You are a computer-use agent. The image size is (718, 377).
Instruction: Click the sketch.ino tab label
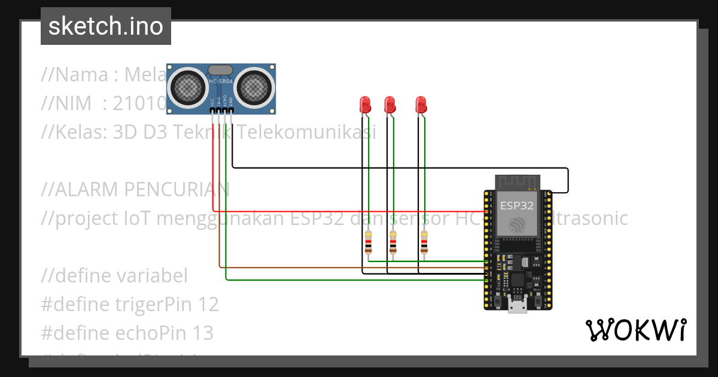pyautogui.click(x=106, y=26)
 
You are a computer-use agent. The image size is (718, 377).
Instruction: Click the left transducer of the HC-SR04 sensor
pyautogui.click(x=188, y=87)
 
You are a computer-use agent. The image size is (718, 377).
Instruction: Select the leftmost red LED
pyautogui.click(x=364, y=105)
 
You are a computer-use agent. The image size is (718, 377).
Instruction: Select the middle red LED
pyautogui.click(x=390, y=105)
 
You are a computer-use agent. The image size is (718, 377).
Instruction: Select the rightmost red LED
pyautogui.click(x=421, y=105)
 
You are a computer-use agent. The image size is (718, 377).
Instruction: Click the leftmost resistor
pyautogui.click(x=369, y=243)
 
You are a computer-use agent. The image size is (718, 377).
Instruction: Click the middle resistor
pyautogui.click(x=393, y=243)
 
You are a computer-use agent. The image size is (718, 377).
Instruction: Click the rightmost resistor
pyautogui.click(x=424, y=243)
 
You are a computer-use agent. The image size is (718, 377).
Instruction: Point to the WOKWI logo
pyautogui.click(x=635, y=330)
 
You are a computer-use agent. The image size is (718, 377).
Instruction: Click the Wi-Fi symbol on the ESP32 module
pyautogui.click(x=518, y=225)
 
